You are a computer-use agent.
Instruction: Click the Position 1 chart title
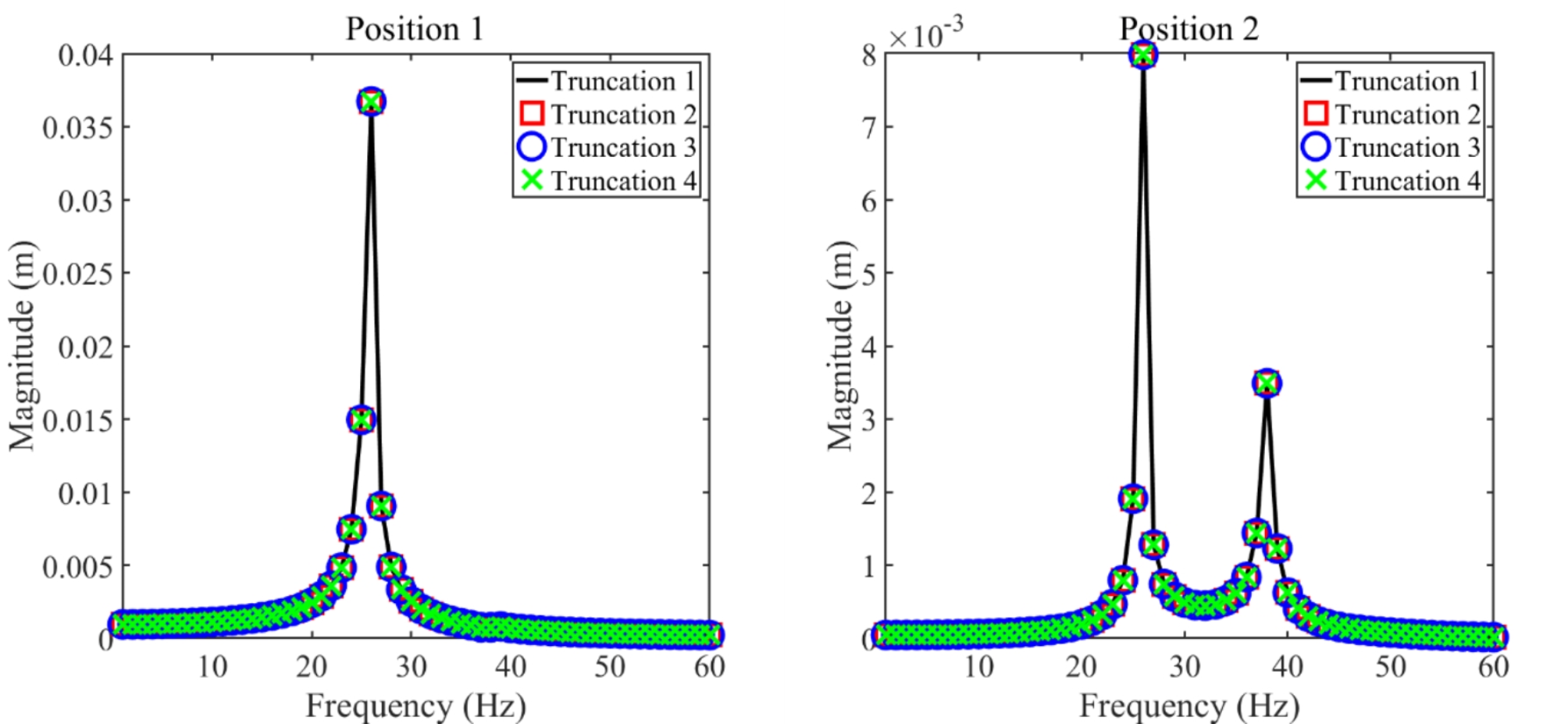coord(415,30)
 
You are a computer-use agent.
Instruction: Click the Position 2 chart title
coord(1188,30)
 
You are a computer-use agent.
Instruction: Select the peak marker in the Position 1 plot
coord(372,102)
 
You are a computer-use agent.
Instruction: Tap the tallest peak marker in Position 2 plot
coord(1143,55)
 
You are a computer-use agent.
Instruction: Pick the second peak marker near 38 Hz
coord(1267,383)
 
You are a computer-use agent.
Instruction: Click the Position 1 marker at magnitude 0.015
coord(361,420)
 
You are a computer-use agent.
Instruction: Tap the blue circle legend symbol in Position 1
coord(532,148)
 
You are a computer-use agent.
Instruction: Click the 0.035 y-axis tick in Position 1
coord(77,128)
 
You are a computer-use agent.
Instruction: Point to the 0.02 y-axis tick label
coord(85,348)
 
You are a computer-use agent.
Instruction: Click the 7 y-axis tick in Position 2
coord(868,128)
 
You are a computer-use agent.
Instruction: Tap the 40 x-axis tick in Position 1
coord(511,666)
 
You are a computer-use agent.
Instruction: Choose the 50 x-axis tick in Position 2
coord(1391,666)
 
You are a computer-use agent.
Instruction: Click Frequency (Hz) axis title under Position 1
coord(415,705)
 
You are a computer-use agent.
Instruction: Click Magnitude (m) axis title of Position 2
coord(840,345)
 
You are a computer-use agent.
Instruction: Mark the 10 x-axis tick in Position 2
coord(978,666)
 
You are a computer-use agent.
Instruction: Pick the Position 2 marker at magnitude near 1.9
coord(1132,498)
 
